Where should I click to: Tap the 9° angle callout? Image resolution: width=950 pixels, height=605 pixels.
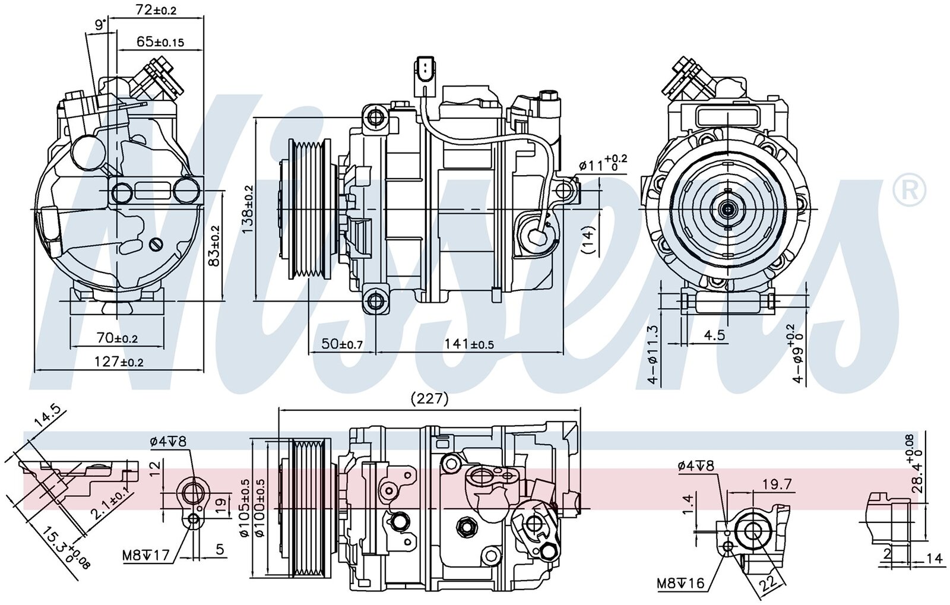[100, 24]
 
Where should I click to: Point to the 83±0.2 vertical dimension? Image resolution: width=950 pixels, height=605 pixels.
[215, 245]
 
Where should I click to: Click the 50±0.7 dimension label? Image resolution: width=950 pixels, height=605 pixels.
[342, 344]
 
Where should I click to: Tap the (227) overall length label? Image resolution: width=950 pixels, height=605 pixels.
[429, 399]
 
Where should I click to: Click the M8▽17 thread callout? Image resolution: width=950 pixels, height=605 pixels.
[146, 556]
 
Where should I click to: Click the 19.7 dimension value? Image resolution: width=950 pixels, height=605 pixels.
[777, 485]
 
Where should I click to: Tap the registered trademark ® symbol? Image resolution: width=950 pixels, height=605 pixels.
[909, 191]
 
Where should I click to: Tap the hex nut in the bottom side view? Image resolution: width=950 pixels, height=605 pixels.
[465, 525]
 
